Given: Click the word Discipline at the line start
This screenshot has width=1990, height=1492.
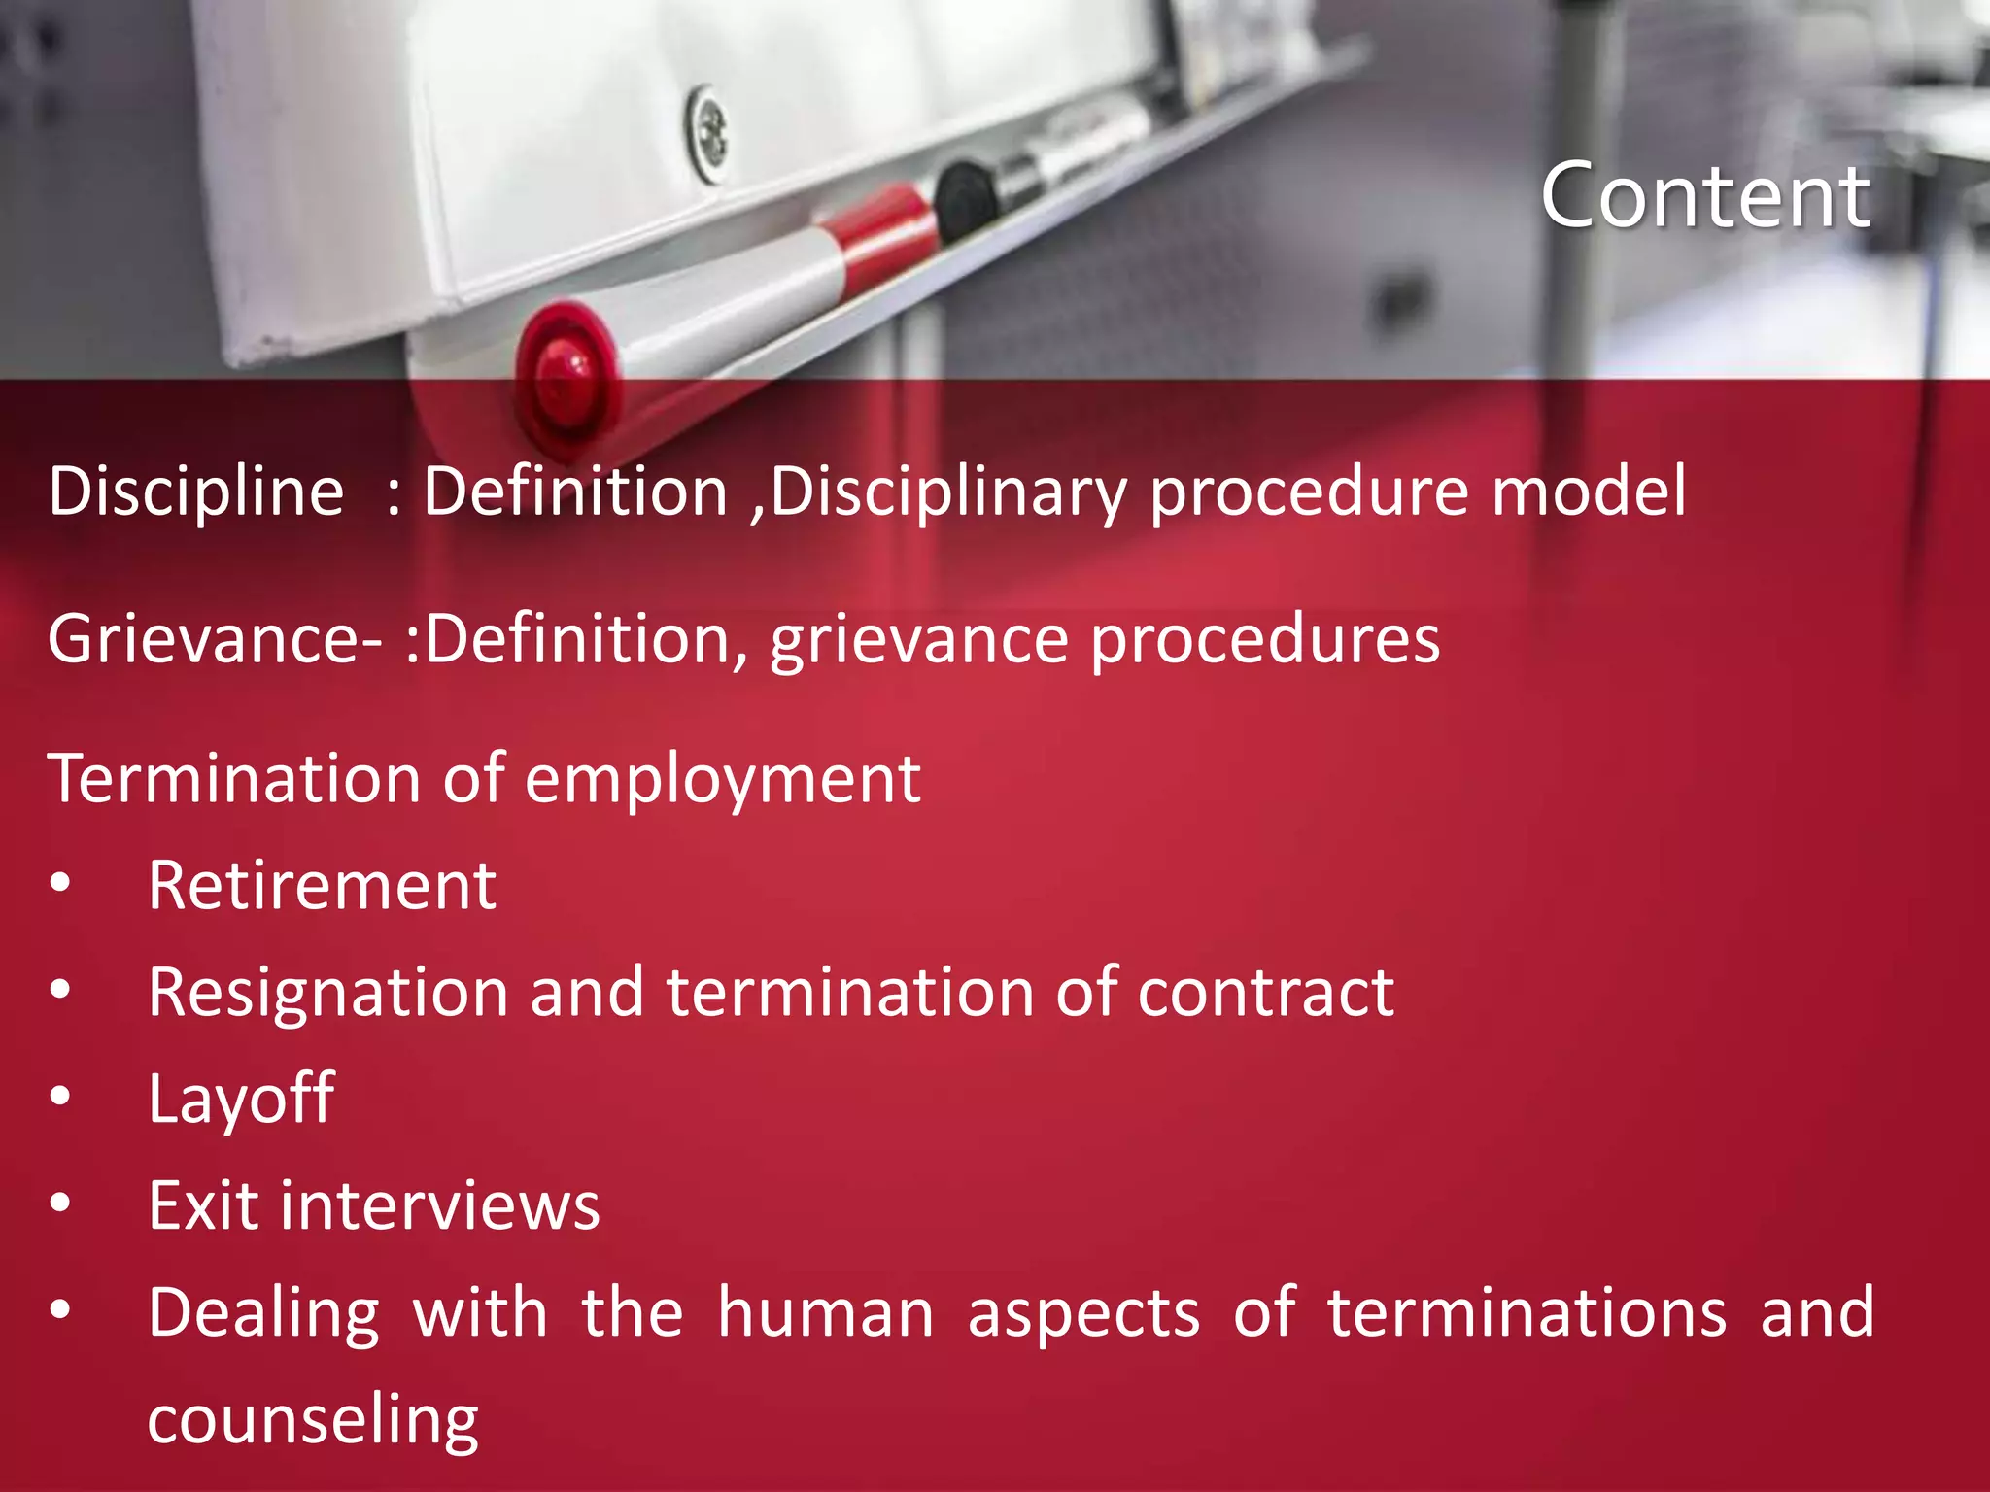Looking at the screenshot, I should click(196, 491).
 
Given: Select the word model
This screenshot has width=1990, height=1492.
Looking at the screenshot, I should click(1589, 491).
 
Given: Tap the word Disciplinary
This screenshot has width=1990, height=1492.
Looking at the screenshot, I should click(947, 492).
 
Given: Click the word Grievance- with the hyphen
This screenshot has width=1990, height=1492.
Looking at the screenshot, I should click(215, 639).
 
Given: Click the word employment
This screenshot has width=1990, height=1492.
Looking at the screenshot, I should click(723, 780).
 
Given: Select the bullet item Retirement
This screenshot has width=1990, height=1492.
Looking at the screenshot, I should click(322, 886).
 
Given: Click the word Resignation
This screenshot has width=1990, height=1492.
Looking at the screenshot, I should click(328, 994).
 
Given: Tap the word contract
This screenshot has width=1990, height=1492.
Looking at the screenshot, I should click(1265, 993).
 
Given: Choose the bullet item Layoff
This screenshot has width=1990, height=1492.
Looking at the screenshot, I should click(241, 1100).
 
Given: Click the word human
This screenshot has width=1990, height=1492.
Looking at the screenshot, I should click(826, 1312).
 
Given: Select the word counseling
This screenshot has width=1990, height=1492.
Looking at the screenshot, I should click(313, 1421).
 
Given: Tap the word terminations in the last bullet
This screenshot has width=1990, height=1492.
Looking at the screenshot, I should click(1527, 1312).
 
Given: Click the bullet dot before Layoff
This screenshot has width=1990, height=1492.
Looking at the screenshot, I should click(60, 1097).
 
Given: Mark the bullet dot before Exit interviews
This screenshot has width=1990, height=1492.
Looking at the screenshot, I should click(60, 1204).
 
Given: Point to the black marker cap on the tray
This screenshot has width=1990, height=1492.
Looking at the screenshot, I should click(965, 201).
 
